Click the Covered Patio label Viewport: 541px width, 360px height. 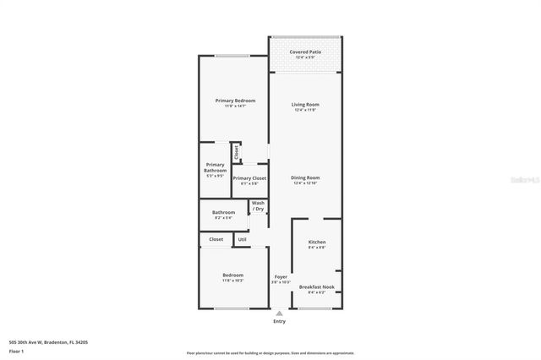[305, 52]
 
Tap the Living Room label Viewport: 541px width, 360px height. [306, 105]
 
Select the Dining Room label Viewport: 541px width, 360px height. [305, 177]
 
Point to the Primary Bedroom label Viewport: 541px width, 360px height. [234, 101]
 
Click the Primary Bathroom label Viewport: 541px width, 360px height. [215, 167]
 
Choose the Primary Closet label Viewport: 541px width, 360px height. [249, 178]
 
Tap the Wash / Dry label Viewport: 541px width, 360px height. [258, 205]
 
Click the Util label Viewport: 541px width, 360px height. [242, 239]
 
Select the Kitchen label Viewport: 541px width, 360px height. [317, 242]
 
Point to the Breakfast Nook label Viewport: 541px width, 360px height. [317, 286]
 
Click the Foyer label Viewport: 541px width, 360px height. [281, 276]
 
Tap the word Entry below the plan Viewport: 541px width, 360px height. [279, 321]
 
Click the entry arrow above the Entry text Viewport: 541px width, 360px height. [279, 313]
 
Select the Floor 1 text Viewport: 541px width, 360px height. [17, 350]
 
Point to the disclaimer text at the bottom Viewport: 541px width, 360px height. [270, 353]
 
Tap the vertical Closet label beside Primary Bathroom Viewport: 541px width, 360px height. [237, 153]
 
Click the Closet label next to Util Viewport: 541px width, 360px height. [216, 239]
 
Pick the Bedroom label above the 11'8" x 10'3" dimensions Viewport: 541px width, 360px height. [233, 275]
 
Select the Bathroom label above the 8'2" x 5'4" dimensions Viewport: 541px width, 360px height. [223, 212]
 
